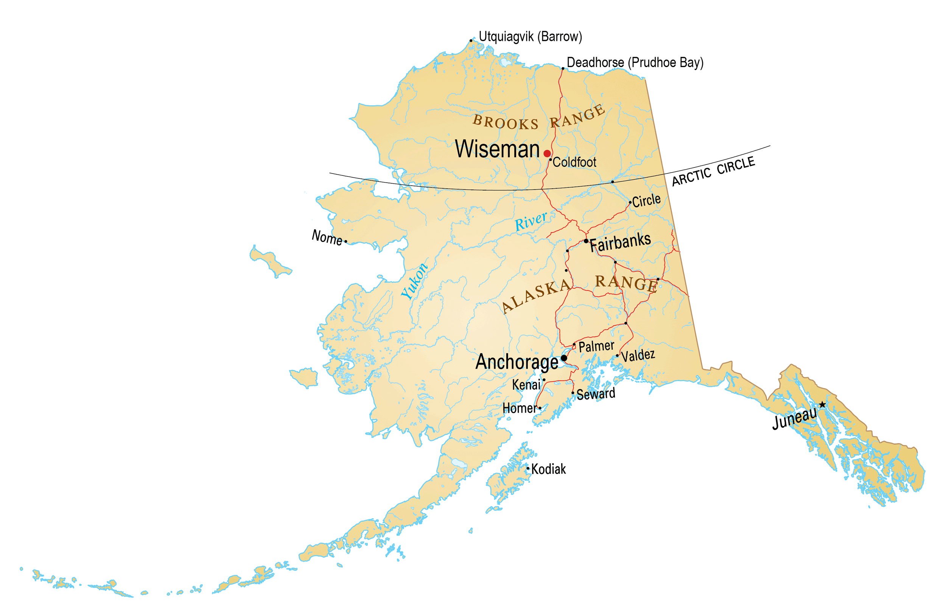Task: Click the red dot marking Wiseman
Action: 547,153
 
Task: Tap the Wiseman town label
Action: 497,149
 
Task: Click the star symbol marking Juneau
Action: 822,405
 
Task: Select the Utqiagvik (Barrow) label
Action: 530,37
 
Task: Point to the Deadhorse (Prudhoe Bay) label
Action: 635,63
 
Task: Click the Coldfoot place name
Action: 574,163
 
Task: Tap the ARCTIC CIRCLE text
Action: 714,171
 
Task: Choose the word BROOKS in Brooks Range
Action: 505,122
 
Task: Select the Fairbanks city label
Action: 620,242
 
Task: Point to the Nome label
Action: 327,238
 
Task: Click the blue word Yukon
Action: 414,281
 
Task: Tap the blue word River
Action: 531,221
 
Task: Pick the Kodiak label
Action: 549,469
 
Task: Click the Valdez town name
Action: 638,355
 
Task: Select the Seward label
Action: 596,394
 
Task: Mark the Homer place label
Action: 520,408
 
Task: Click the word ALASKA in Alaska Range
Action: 536,295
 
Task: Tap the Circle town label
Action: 646,200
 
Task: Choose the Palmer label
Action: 596,346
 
